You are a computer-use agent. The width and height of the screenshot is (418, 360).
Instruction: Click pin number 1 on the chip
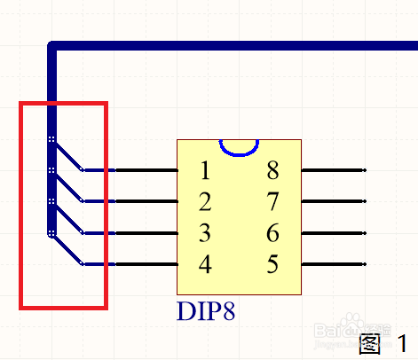(205, 170)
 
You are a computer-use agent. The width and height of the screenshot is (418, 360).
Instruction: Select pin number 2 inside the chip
(205, 201)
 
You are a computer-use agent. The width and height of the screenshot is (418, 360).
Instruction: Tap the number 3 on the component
(205, 233)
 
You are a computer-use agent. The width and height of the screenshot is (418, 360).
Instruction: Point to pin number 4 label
(205, 264)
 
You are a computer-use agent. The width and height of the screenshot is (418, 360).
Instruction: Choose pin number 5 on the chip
(272, 264)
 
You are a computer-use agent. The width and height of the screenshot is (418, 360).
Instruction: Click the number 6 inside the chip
(272, 233)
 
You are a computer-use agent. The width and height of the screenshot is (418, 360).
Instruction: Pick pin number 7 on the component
(272, 201)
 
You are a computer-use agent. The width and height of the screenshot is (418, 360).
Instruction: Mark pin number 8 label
(272, 170)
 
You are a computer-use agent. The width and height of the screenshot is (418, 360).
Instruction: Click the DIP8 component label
(206, 311)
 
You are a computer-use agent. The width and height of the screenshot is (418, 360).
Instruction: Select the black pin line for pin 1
(146, 170)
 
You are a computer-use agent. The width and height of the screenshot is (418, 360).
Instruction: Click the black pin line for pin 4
(146, 264)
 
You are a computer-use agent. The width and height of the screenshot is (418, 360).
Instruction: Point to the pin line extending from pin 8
(334, 170)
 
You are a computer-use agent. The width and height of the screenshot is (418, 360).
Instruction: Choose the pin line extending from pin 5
(334, 264)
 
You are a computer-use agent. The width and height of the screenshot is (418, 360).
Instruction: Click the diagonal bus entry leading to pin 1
(68, 157)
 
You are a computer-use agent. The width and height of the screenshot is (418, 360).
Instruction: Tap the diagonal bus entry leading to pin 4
(68, 250)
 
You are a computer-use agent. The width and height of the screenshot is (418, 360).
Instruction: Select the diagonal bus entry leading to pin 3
(68, 219)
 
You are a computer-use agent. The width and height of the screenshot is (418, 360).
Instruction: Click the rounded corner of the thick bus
(51, 45)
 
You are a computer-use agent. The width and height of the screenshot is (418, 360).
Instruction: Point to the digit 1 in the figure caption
(403, 343)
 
